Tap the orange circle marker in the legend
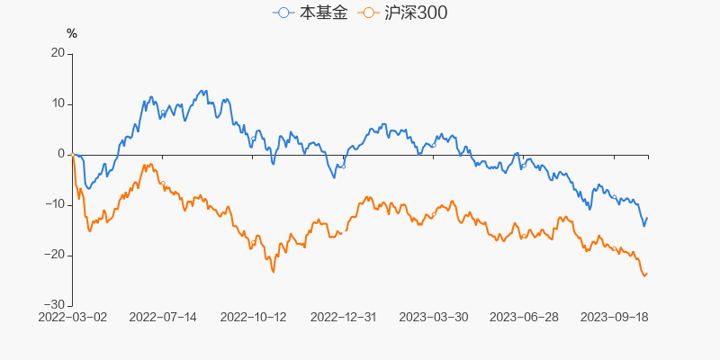tap(369, 13)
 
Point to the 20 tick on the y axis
tap(58, 53)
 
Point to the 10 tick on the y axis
tap(58, 103)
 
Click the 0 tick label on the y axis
tap(62, 154)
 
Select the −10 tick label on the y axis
tap(56, 204)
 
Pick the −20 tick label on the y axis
tap(56, 255)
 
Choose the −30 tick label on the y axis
tap(56, 305)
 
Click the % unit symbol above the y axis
tap(72, 34)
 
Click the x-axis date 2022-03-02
tap(73, 317)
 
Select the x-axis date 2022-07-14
tap(163, 317)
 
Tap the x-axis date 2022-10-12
tap(253, 317)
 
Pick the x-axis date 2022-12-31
tap(343, 317)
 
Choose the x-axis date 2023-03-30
tap(433, 317)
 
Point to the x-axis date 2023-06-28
tap(523, 317)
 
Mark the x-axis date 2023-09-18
tap(613, 317)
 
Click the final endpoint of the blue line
tap(647, 218)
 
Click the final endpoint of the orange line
tap(647, 274)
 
